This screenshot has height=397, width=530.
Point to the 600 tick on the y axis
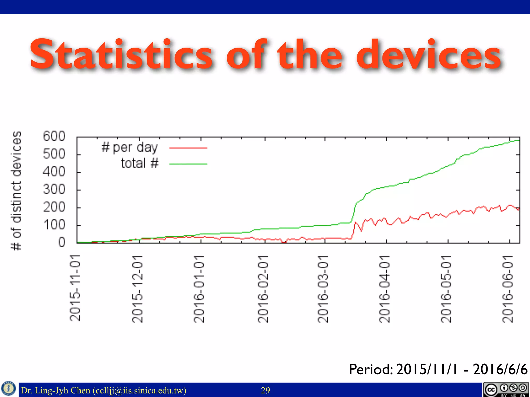pos(54,136)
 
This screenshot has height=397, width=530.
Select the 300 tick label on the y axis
pos(54,190)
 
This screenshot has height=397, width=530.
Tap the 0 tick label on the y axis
pos(62,242)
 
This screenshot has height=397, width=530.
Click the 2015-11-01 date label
pos(75,288)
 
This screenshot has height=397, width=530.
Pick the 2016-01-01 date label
pos(199,289)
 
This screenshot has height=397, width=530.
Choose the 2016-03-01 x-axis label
pos(323,289)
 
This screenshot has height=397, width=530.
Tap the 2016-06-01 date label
pos(508,289)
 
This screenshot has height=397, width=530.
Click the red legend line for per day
pos(188,148)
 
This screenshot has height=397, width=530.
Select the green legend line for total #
pos(188,164)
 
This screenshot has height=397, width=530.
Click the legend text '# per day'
pos(129,148)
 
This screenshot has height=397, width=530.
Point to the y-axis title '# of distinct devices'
pos(17,190)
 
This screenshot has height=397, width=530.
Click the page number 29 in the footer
pos(265,390)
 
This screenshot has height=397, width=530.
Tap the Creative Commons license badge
pos(506,390)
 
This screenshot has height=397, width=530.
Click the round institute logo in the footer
pos(9,388)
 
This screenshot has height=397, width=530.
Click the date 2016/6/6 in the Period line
pos(500,369)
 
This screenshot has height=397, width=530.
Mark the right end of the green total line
pos(519,140)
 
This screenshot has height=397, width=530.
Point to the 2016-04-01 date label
pos(385,289)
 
